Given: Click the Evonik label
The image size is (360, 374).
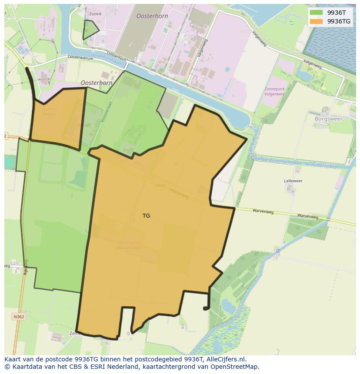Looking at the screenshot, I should pos(95,14).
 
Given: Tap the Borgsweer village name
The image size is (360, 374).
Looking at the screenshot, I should pos(328,119).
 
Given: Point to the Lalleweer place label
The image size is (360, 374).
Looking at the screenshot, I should pos(293,181).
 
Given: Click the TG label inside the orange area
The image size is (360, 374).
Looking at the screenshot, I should pos(146,215).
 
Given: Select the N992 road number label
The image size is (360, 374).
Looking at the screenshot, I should pos(161,186).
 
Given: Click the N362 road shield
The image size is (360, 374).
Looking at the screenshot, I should pos(19,317).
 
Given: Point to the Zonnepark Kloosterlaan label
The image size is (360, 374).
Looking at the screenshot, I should pos(129,245).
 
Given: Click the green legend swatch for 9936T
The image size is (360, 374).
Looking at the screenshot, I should pos(316,13).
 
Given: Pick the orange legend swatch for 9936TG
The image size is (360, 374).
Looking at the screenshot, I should pos(316,21).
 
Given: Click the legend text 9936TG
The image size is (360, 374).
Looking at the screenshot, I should pos(339,21).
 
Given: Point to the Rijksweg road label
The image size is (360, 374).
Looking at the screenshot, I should pos(26,267).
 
